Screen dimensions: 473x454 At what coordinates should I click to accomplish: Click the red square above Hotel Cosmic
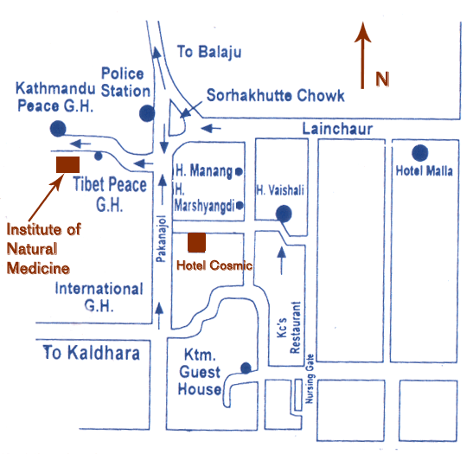pos(196,242)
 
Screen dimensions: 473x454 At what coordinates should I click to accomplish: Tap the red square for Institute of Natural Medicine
pos(67,164)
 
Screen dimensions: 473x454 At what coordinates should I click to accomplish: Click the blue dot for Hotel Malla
pos(420,153)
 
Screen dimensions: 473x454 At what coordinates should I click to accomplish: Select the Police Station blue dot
pos(147,113)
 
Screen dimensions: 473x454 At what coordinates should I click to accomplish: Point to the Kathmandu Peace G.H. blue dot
pos(58,129)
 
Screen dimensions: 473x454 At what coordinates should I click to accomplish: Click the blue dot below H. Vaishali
pos(284,214)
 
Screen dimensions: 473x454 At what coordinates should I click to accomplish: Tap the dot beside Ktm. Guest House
pos(246,368)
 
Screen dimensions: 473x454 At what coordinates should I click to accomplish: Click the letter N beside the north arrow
pos(382,79)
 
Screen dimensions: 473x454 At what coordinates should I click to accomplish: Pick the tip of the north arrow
pos(362,22)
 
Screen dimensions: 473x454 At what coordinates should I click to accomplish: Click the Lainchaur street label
pos(337,129)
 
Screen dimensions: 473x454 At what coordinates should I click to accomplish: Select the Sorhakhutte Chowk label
pos(275,96)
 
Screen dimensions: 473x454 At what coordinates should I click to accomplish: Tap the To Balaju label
pos(209,52)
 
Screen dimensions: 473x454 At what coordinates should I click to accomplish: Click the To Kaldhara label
pos(92,352)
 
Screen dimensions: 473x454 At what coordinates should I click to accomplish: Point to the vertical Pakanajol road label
pos(162,239)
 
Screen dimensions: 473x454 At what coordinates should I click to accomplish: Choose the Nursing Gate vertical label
pos(310,379)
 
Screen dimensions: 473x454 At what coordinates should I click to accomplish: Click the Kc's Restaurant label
pos(290,328)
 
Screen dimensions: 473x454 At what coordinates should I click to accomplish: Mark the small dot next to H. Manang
pos(239,171)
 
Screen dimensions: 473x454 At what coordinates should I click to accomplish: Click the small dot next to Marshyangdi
pos(240,206)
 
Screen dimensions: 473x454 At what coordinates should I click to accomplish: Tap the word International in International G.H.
pos(99,289)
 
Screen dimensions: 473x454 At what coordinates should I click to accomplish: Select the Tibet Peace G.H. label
pos(110,195)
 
